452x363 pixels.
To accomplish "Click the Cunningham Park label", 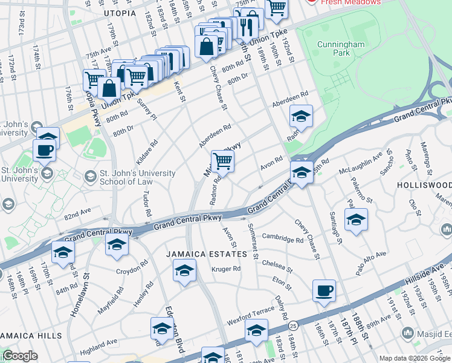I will coord(342,48).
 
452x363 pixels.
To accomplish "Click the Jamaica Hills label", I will coord(31,336).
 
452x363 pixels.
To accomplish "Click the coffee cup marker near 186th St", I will coord(324,290).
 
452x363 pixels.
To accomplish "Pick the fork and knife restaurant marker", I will coord(247,26).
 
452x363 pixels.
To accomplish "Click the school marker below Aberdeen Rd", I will coord(301,115).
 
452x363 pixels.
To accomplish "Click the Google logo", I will coord(20,356).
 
